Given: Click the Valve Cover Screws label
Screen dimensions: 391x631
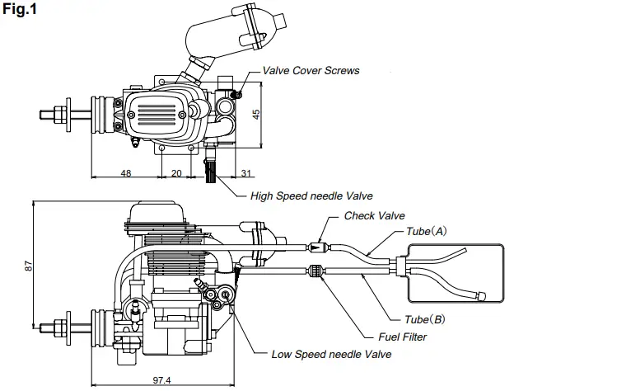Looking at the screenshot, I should point(310,71).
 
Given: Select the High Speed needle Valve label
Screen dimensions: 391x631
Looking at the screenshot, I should point(311,196).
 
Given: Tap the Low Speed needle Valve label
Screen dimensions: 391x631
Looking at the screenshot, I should point(331,355).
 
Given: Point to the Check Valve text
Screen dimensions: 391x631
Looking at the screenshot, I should point(375,216).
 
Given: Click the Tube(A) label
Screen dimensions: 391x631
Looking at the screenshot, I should point(427,232).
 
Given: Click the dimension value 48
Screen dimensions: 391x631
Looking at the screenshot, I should point(126,174).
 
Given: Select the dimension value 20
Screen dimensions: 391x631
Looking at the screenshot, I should point(176,174).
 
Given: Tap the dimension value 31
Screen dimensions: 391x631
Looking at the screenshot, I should point(246,174).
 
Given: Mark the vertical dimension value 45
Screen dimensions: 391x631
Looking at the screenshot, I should point(256,115).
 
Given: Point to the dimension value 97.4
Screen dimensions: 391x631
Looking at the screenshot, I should point(161,380).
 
